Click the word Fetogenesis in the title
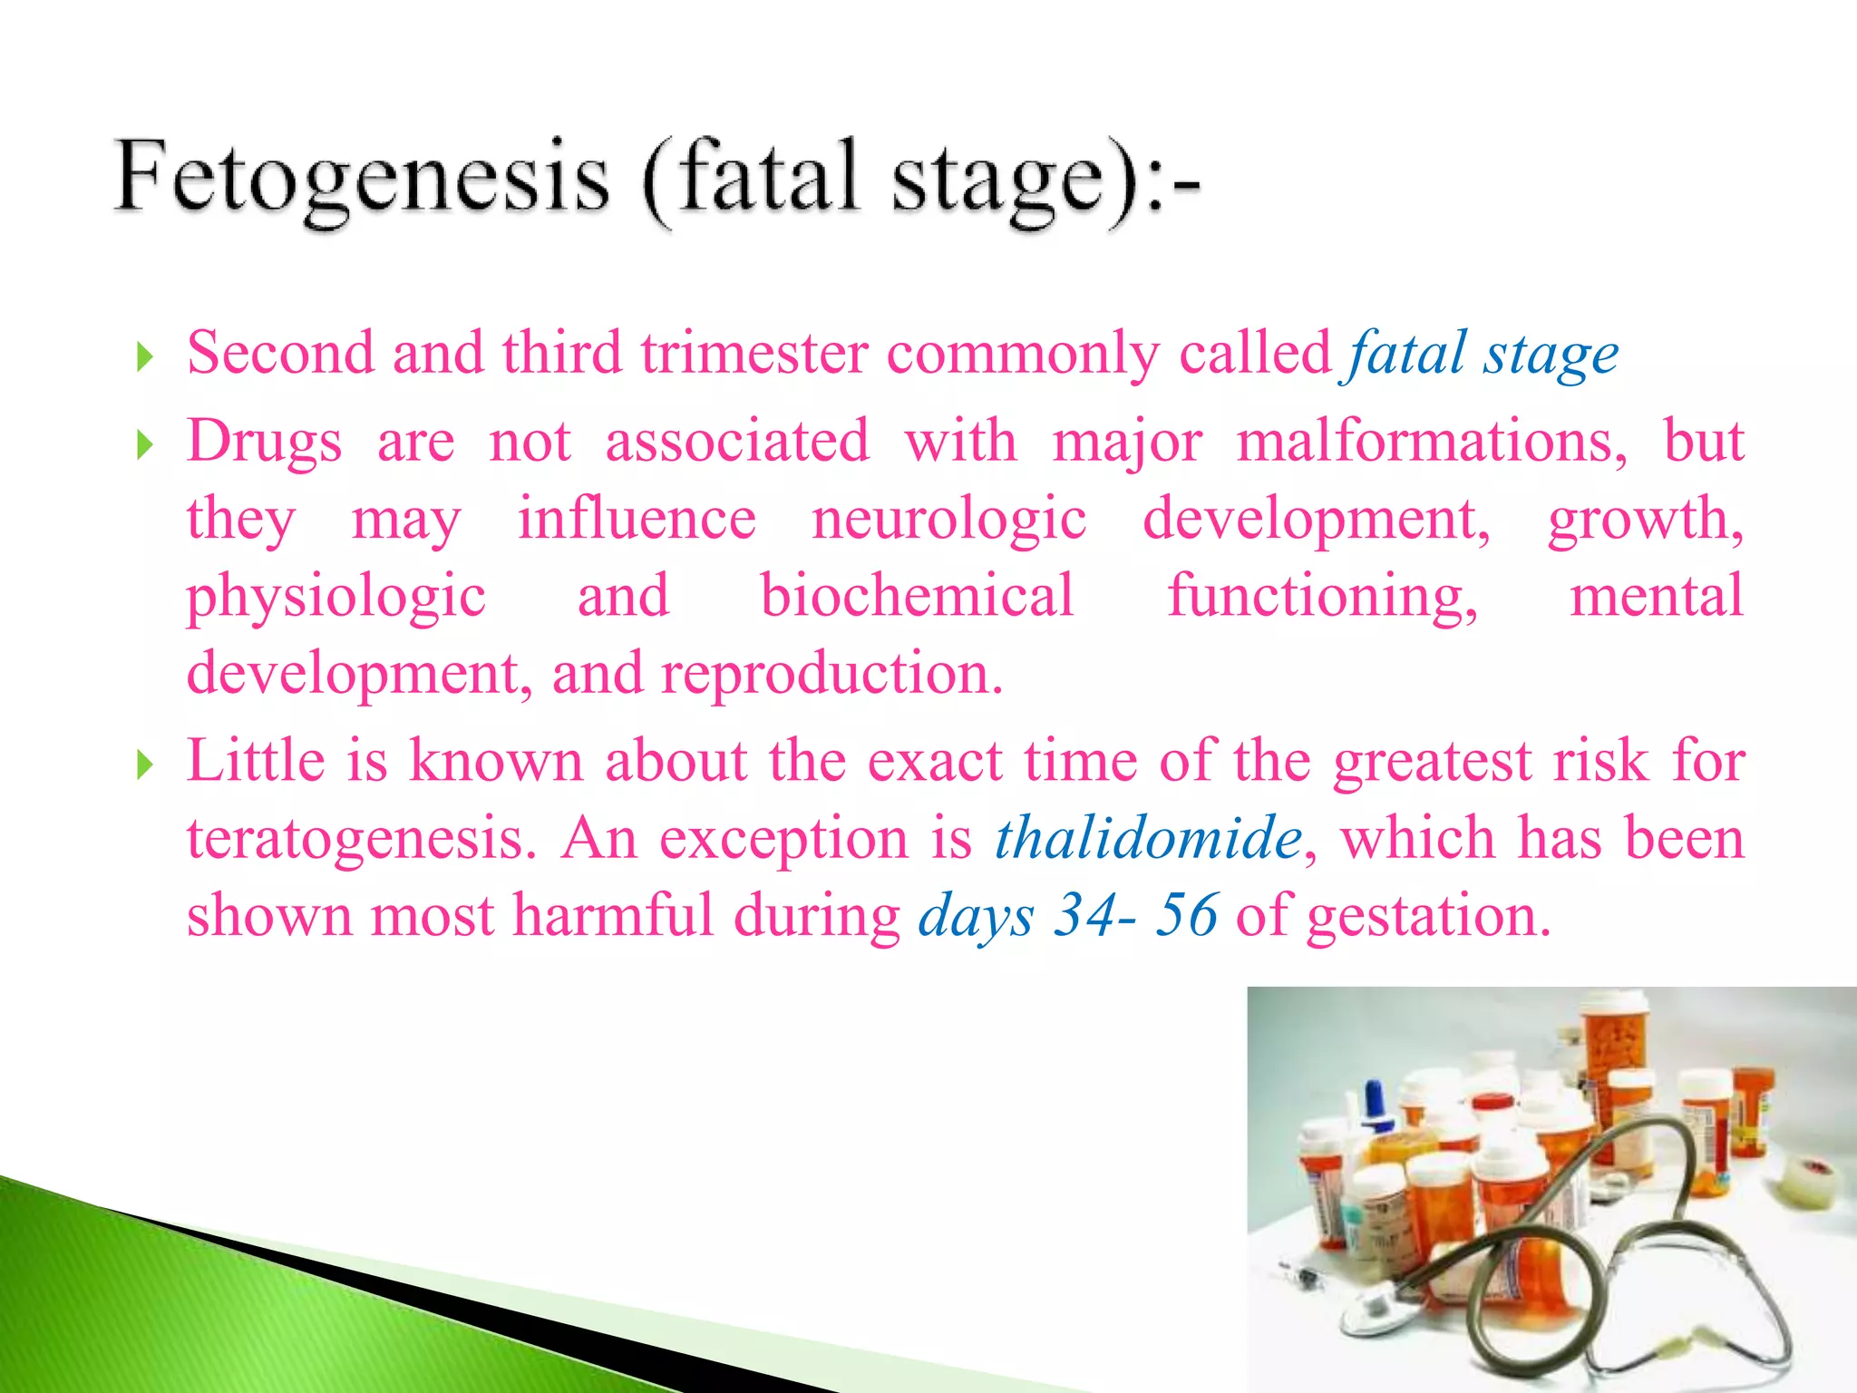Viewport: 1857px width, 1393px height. point(363,177)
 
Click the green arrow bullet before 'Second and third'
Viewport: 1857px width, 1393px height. point(144,357)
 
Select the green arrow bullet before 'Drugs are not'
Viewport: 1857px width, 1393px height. point(144,445)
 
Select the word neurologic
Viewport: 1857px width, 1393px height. point(948,520)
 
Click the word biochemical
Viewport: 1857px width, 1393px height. point(917,597)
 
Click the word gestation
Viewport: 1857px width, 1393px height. point(1428,917)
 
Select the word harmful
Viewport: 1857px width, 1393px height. point(614,915)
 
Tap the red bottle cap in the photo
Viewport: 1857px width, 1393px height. point(1492,1101)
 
